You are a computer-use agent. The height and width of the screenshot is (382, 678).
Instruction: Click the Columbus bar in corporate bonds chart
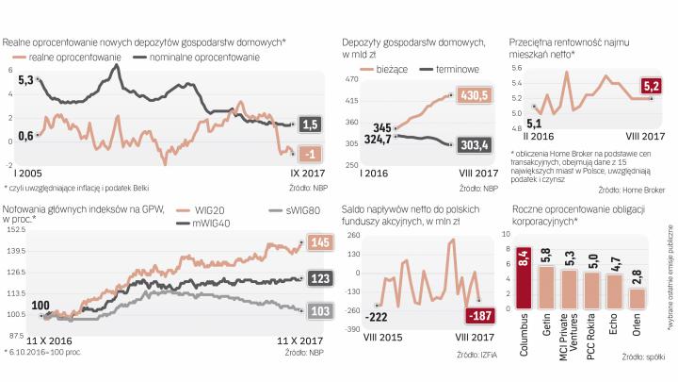tap(524, 274)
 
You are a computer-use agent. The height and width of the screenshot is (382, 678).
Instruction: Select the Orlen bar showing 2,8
tap(638, 296)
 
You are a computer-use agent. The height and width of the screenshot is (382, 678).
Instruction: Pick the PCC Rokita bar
tap(591, 290)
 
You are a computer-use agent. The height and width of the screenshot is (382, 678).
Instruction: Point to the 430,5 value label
tap(474, 94)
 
